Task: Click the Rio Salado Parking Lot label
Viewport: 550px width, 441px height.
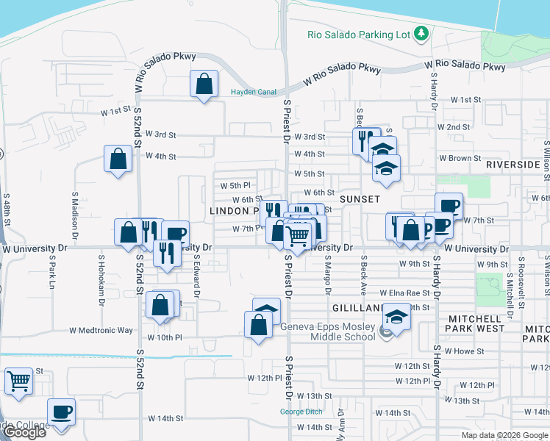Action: click(357, 34)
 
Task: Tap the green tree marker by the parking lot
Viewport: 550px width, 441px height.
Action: click(421, 33)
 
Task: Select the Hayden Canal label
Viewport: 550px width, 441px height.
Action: click(253, 92)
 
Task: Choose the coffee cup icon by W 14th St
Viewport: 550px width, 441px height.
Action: click(62, 412)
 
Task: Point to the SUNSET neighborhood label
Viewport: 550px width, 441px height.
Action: click(359, 199)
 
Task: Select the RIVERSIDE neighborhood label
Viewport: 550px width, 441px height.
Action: click(512, 165)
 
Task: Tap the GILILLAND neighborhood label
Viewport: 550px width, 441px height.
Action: click(354, 308)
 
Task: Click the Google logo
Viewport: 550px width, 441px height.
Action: click(24, 432)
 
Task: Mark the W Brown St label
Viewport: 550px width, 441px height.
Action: click(460, 158)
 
